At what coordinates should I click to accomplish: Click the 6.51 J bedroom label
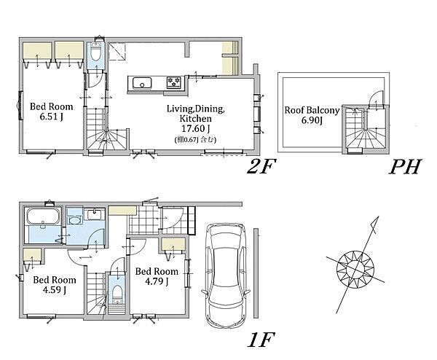click(51, 111)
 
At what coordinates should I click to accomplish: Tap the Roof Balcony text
click(312, 110)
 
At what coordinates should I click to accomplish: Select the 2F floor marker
click(261, 166)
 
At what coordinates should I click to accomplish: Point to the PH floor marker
click(405, 166)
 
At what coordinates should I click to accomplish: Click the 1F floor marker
click(261, 340)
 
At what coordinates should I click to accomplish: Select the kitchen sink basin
click(142, 83)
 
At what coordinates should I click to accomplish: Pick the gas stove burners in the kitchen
click(174, 83)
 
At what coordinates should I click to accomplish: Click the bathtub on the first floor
click(43, 216)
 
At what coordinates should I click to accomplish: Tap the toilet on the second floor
click(96, 52)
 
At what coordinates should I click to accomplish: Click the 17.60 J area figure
click(195, 128)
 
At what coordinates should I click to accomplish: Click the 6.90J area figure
click(312, 120)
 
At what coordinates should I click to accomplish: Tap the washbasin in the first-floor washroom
click(95, 215)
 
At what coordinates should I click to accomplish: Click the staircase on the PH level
click(365, 128)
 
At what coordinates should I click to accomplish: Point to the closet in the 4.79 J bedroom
click(173, 245)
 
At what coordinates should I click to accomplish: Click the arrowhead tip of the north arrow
click(378, 216)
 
